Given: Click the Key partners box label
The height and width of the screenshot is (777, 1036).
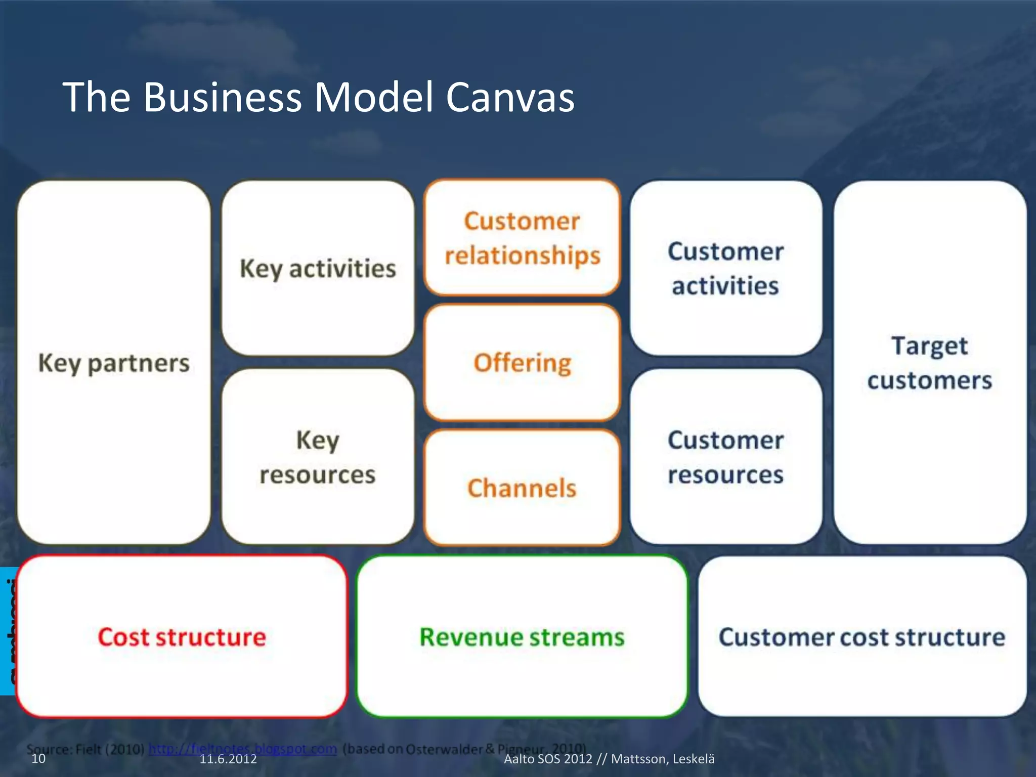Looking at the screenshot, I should pos(114,363).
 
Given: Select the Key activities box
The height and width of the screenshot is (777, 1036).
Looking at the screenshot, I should pos(318,269).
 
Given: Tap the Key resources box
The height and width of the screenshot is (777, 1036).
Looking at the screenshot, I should pos(318,457).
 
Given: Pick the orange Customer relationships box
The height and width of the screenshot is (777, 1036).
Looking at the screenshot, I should pos(522,238).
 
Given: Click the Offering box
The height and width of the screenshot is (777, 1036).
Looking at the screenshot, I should pos(522,363).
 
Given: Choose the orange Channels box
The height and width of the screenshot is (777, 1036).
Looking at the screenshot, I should pos(522,488).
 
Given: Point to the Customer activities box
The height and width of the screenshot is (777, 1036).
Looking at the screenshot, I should pos(725,269).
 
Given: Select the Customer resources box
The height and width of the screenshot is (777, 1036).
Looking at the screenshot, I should pos(725,457).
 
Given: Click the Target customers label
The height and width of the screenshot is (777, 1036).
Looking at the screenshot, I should pos(930,363).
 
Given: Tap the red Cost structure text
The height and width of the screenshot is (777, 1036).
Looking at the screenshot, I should pos(182,637).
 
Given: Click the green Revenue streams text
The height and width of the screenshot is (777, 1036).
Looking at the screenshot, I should pos(522,637).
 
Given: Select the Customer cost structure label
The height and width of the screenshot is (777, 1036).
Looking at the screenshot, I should pos(862,637).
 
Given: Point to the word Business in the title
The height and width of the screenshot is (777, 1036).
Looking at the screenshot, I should pos(223,97).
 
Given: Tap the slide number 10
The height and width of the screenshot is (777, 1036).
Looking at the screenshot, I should pos(38,759).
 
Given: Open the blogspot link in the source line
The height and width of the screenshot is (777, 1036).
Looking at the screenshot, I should pos(243,748).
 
